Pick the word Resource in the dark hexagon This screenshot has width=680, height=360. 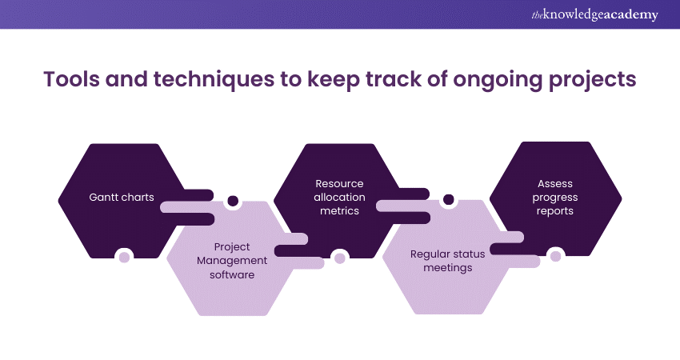click(339, 183)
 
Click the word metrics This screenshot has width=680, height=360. click(339, 211)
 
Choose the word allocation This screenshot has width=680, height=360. click(339, 198)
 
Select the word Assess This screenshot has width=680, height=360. click(554, 183)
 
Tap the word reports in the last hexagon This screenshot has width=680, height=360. click(554, 211)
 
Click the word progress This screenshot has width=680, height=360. click(554, 198)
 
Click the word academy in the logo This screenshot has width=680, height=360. click(631, 15)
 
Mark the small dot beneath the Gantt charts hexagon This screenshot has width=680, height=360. click(123, 257)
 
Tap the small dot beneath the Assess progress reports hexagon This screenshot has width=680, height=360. click(554, 256)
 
